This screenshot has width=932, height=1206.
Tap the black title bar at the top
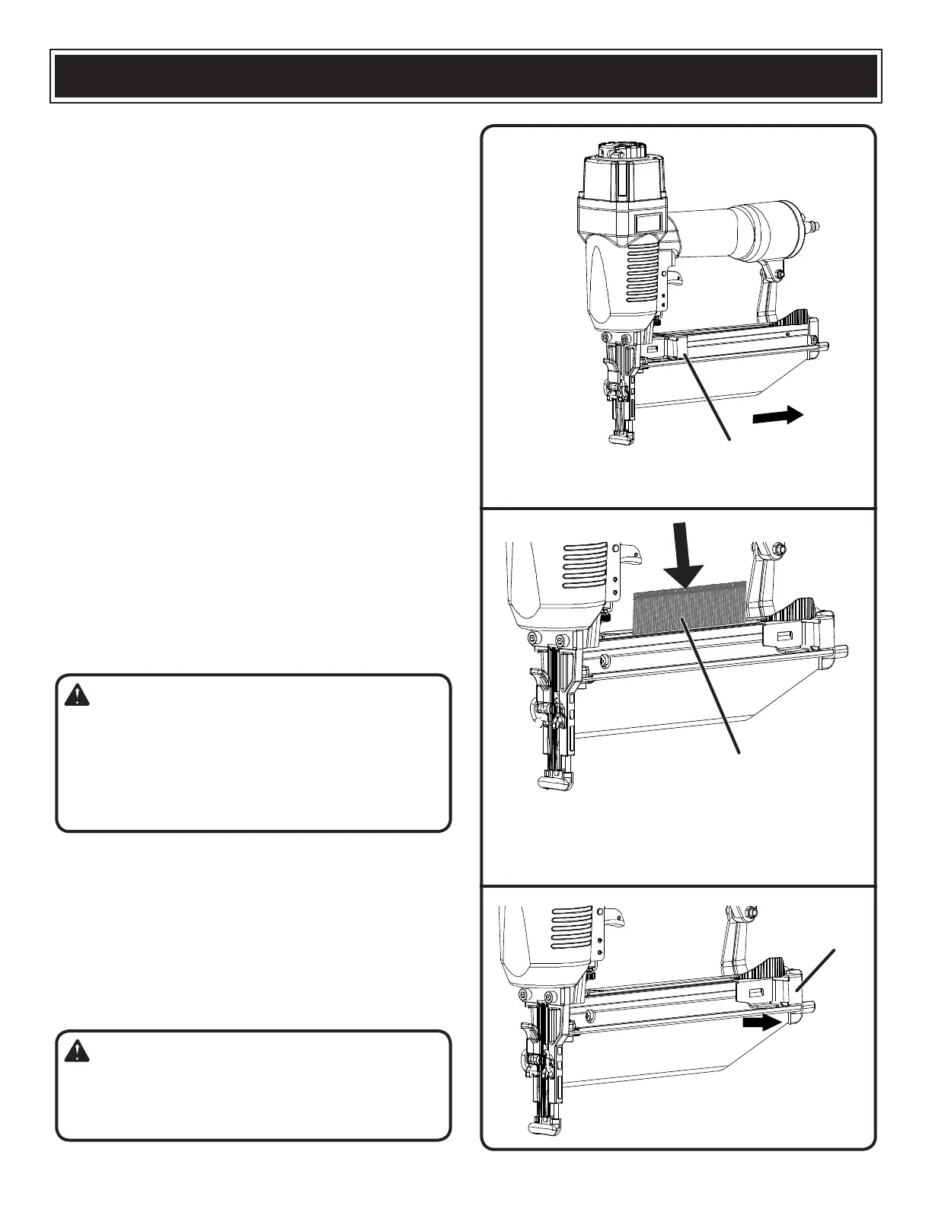tap(466, 75)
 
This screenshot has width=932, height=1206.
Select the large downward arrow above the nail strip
tap(684, 565)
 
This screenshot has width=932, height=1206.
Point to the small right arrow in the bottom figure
tap(761, 1024)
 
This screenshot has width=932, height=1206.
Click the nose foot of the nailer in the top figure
tap(622, 439)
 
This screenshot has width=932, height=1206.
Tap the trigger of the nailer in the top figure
tap(674, 279)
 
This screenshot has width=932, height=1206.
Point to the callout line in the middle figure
tap(714, 686)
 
